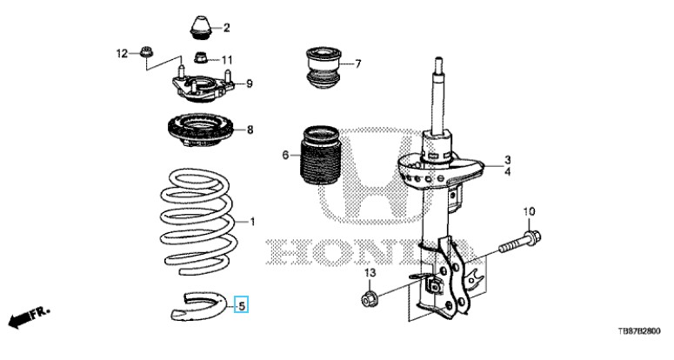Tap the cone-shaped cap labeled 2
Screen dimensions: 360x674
click(x=203, y=26)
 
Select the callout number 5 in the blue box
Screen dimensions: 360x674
click(x=243, y=305)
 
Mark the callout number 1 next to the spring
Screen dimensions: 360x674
click(x=253, y=223)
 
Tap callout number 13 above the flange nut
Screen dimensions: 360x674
click(x=368, y=275)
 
